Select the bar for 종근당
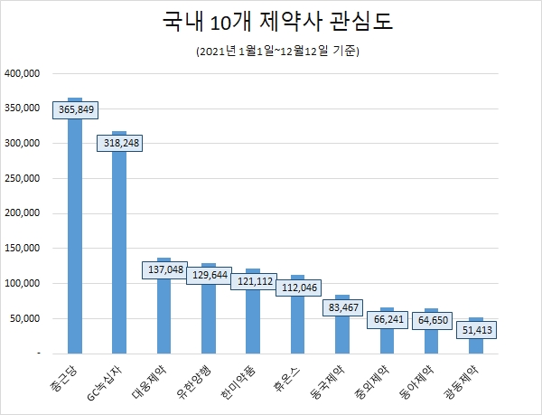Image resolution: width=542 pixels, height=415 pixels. click(x=74, y=235)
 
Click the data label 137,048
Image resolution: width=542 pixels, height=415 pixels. click(x=164, y=269)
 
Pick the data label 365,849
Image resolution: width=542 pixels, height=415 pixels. click(x=75, y=108)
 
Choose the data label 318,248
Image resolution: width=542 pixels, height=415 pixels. click(x=119, y=142)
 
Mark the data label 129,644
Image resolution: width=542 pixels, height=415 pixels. click(x=208, y=275)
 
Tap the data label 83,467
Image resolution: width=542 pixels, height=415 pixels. click(x=341, y=307)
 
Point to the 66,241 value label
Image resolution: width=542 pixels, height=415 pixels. click(x=386, y=319)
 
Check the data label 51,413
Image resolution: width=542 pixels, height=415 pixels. click(x=475, y=329)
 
